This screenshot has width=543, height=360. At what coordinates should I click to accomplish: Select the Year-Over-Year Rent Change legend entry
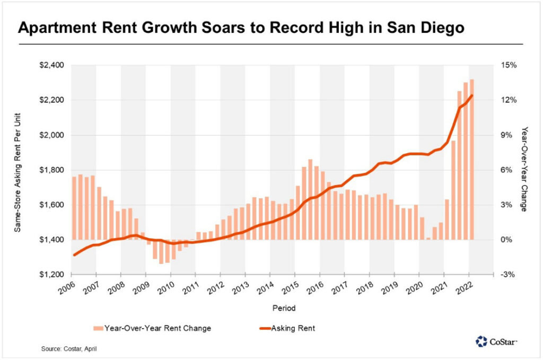click(x=151, y=328)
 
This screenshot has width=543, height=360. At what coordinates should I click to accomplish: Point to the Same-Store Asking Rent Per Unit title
click(x=17, y=170)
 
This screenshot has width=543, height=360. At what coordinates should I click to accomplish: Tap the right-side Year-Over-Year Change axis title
click(x=524, y=169)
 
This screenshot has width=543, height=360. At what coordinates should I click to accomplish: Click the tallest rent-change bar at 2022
click(x=472, y=159)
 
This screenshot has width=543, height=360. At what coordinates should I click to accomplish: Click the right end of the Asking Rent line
click(x=472, y=95)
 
